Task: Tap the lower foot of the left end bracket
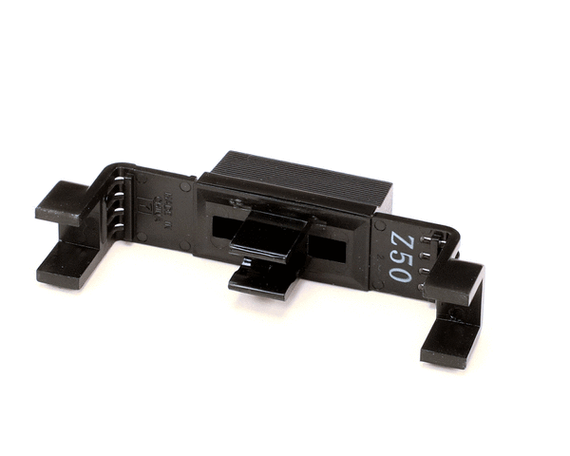pos(66,262)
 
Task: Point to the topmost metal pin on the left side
pos(121,175)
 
